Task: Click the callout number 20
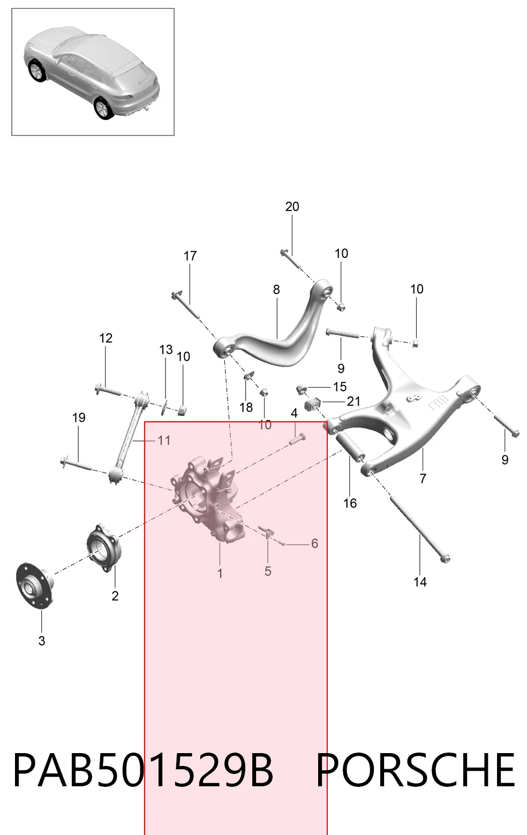pos(292,207)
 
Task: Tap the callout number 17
pos(190,256)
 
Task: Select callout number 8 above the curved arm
pos(276,289)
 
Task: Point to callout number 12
pos(106,338)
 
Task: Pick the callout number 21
pos(353,401)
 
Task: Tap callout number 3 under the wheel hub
pos(42,641)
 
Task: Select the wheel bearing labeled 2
pos(104,548)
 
